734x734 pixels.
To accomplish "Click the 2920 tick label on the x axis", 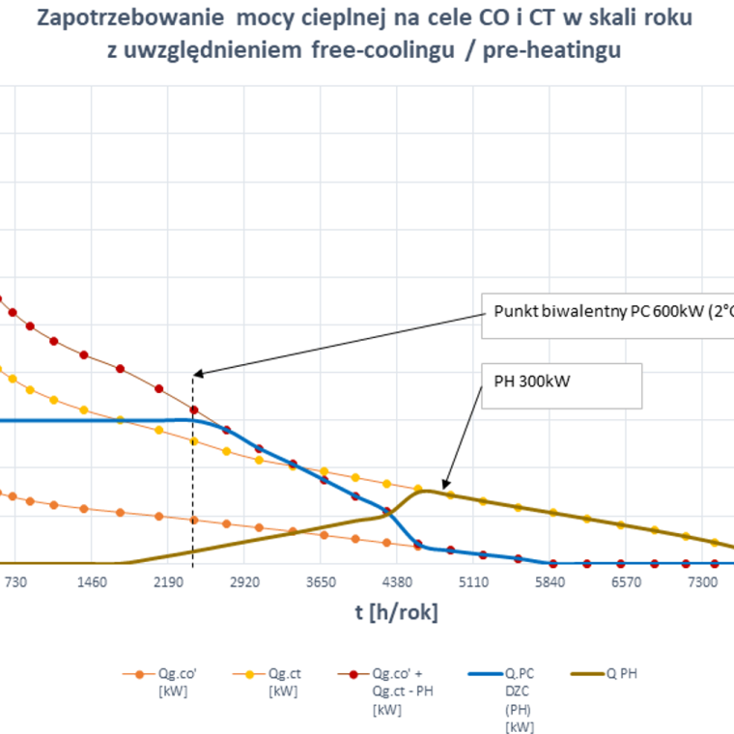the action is [x=244, y=582].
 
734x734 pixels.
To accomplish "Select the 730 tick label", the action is [x=15, y=582].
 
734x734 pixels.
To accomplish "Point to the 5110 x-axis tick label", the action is [x=473, y=582].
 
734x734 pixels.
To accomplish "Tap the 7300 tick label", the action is [x=702, y=582].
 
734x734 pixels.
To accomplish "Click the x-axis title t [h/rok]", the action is [x=397, y=612].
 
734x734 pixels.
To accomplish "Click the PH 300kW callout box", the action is [x=562, y=386].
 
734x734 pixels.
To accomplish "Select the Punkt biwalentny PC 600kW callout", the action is [x=607, y=316].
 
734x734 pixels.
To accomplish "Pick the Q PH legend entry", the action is [x=604, y=673].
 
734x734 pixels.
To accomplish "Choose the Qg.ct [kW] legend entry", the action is [x=267, y=682].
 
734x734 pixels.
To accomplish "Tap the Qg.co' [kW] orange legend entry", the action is [x=159, y=682].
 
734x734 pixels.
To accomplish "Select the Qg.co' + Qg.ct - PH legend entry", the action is [x=385, y=692].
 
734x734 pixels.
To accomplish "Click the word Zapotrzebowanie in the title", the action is [x=130, y=18].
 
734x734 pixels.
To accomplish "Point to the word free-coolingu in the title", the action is [x=382, y=49].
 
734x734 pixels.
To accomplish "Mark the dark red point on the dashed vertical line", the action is [x=194, y=410].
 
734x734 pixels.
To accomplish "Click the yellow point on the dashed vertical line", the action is [x=194, y=441].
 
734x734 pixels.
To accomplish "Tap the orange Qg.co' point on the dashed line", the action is [x=194, y=520].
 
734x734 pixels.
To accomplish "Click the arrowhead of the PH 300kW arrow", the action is [x=445, y=487].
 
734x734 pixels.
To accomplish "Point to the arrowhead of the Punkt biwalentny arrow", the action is [x=196, y=374].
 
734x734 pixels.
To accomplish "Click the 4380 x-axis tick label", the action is [x=397, y=582].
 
